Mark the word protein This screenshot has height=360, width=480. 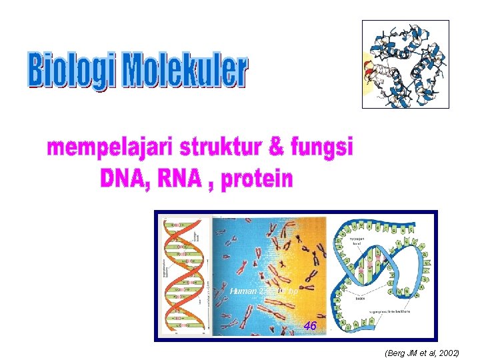(x=256, y=179)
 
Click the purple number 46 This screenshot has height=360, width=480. (x=309, y=326)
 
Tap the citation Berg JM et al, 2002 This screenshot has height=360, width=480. (x=422, y=352)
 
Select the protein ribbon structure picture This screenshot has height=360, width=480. (x=405, y=64)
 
